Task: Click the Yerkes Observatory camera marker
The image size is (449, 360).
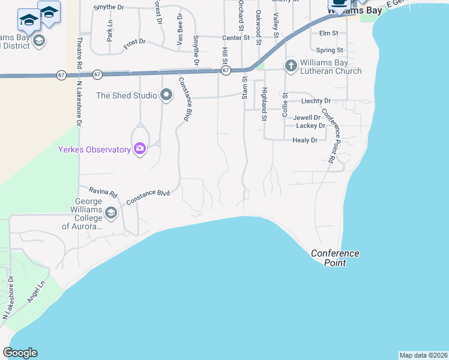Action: point(140,149)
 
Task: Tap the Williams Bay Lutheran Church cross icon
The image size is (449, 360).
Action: point(291,65)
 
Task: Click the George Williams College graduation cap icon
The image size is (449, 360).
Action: point(111,213)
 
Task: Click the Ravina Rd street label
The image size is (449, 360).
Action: point(104,193)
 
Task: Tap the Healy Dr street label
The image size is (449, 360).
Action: point(304,140)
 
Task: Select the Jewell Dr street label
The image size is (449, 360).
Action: point(307,118)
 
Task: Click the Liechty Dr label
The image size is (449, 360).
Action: point(316,101)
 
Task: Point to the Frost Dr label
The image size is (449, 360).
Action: point(135,41)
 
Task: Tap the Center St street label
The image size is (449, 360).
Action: point(237,37)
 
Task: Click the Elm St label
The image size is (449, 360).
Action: point(329,33)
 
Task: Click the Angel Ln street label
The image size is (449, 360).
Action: point(35,297)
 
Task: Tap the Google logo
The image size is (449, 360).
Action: point(20,353)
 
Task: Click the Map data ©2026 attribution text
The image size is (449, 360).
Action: point(423,355)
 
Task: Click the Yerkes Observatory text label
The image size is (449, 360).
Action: point(94,149)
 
